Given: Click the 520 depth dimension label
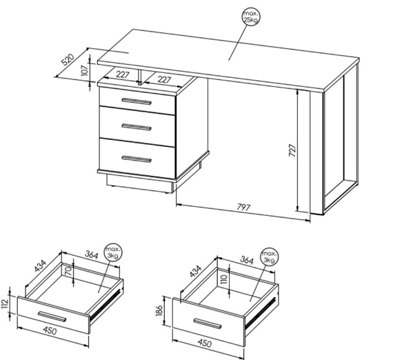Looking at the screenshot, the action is point(68,60).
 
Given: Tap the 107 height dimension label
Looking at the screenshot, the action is point(85,70).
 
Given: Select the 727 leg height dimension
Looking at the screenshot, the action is point(292,150).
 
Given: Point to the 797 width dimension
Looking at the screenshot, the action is point(243,208).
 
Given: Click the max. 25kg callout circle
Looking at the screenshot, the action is point(251,17).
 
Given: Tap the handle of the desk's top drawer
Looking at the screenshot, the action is point(137,101).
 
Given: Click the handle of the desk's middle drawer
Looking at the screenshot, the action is point(137,127).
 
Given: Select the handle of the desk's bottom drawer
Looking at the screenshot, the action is point(137,159).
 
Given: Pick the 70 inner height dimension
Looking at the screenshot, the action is point(70,271).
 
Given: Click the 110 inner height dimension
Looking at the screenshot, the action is point(224,279).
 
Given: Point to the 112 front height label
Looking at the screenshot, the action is point(5,304).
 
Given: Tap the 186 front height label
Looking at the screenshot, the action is point(160,310).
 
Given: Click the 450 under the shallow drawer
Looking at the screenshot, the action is point(50,330).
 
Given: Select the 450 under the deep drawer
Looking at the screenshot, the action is point(205,343).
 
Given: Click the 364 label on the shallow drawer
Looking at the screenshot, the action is point(92,254).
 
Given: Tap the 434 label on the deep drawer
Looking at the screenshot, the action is point(196,272).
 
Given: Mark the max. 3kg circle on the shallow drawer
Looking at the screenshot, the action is point(114,252).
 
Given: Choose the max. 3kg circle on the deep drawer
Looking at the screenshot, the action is point(270,257).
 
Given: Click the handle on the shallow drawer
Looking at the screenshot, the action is point(52,317).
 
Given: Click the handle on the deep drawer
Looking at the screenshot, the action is point(208,323).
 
